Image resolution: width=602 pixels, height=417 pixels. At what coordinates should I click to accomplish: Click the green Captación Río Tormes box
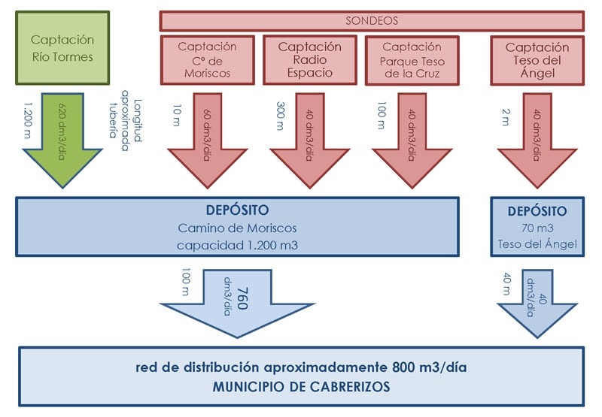click(x=62, y=47)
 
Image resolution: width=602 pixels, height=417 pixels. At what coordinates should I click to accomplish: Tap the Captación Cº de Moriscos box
click(x=207, y=60)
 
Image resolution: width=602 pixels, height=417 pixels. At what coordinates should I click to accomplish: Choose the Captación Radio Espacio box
click(x=309, y=60)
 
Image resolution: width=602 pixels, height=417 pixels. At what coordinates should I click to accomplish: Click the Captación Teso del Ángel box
click(x=537, y=60)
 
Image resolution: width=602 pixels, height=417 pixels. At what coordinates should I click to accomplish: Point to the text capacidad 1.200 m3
click(x=237, y=244)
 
